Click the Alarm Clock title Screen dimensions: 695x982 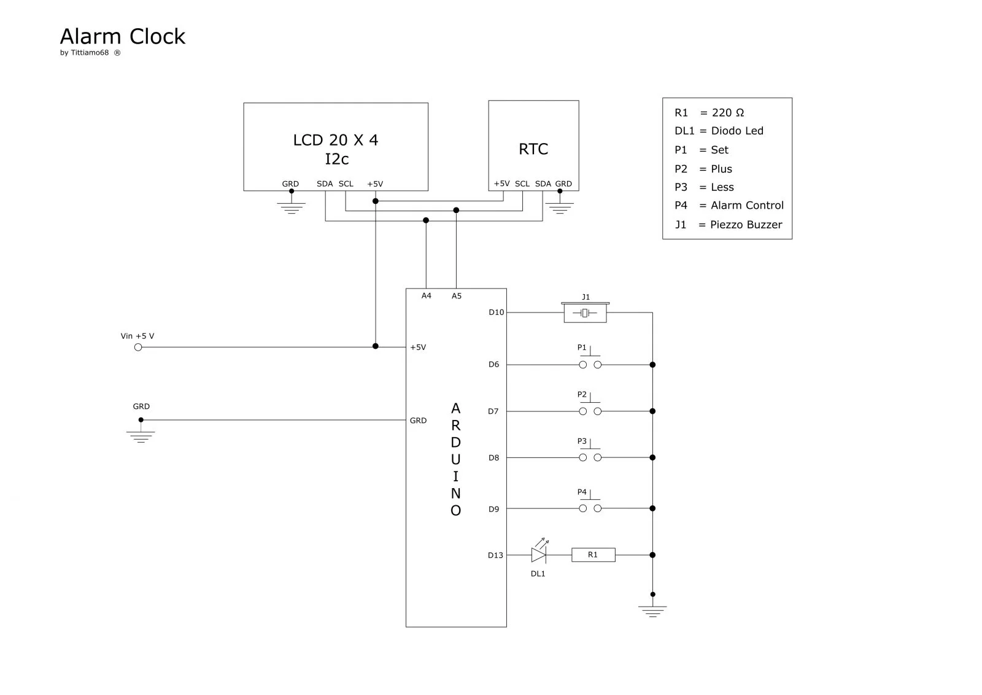[122, 37]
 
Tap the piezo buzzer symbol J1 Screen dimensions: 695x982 [585, 313]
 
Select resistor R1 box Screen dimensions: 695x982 [593, 555]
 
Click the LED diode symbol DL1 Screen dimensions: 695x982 [539, 555]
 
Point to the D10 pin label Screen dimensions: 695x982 [496, 313]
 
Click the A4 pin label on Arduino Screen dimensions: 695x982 [426, 296]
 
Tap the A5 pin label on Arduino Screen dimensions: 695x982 [456, 296]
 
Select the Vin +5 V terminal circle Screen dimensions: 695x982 [138, 347]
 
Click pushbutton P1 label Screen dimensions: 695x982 [582, 347]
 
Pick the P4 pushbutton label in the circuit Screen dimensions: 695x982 [582, 492]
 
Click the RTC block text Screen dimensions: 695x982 [533, 149]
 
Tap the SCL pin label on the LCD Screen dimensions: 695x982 [346, 184]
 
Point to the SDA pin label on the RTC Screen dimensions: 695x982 [543, 184]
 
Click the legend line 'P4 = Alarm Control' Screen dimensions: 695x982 [729, 206]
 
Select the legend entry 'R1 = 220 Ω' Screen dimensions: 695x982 [709, 113]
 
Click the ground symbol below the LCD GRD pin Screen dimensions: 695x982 [291, 209]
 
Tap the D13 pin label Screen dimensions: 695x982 [495, 556]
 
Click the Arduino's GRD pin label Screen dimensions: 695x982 [418, 421]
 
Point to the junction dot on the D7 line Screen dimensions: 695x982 [652, 411]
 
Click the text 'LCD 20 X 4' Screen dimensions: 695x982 [335, 141]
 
